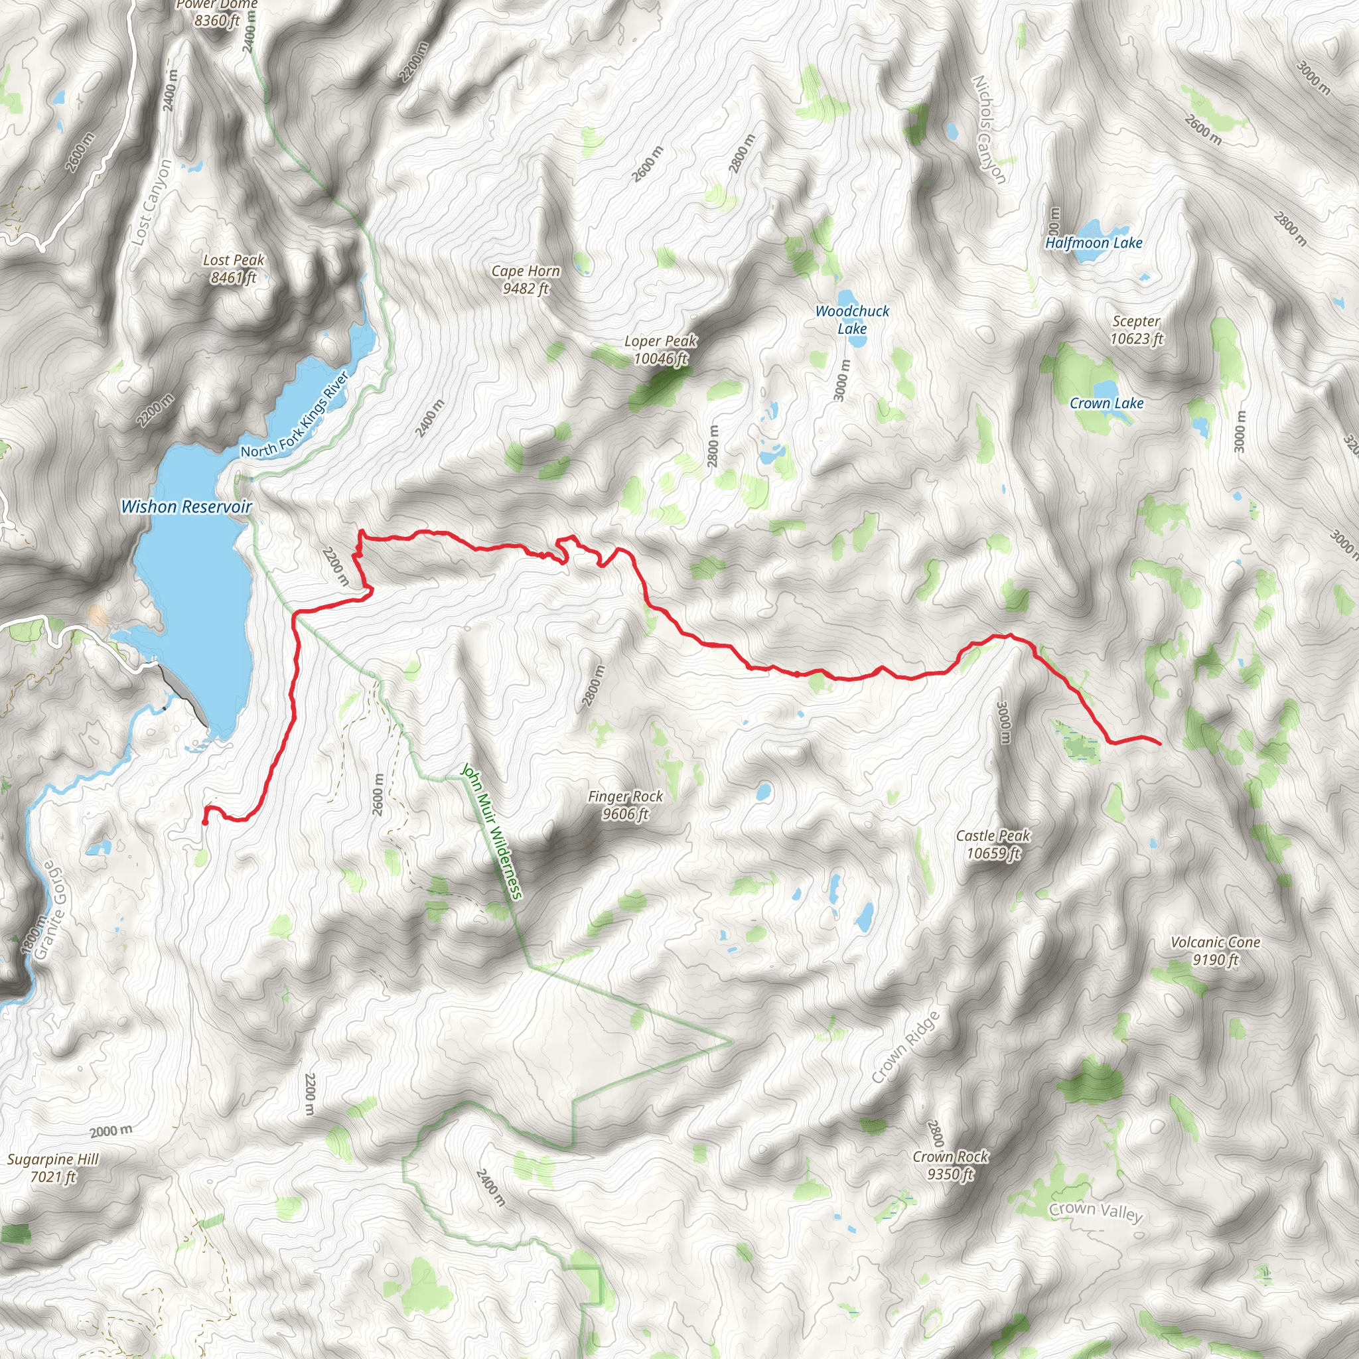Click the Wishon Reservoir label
pos(186,506)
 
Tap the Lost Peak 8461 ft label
pos(234,269)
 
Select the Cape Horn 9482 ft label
pos(526,279)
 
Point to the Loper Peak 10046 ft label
pos(660,350)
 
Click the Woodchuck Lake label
pos(852,319)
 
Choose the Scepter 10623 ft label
pos(1136,329)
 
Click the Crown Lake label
pos(1106,403)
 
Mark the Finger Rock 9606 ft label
pos(625,805)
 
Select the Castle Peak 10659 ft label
pos(993,844)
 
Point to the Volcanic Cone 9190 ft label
pos(1215,950)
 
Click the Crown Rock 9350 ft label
pos(950,1165)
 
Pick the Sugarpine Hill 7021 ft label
pos(53,1168)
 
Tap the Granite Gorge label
pos(52,910)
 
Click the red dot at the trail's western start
pos(204,822)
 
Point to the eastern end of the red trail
pos(1159,743)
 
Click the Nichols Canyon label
pos(988,129)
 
